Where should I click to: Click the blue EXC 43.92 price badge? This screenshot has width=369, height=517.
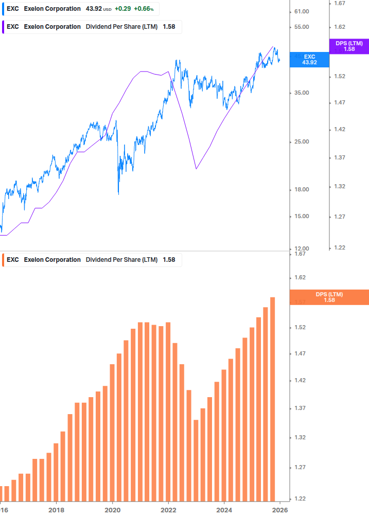(x=309, y=59)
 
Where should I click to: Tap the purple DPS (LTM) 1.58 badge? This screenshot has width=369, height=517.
(x=349, y=46)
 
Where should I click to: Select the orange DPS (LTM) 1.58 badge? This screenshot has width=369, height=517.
(x=329, y=297)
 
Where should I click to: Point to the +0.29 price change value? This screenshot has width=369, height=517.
(x=122, y=9)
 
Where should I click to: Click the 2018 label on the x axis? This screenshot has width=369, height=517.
(x=56, y=510)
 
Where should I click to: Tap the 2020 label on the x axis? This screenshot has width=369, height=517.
(x=112, y=510)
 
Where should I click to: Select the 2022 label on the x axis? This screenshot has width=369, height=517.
(x=168, y=510)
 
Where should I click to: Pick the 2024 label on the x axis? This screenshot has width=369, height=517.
(x=224, y=510)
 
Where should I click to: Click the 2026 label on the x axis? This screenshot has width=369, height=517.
(x=279, y=510)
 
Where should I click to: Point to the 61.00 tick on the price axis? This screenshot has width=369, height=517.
(x=302, y=11)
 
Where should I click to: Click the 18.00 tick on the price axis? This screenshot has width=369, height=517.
(x=302, y=189)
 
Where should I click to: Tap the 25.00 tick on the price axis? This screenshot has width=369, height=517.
(x=302, y=141)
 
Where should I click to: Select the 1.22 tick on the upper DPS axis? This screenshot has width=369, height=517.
(x=339, y=247)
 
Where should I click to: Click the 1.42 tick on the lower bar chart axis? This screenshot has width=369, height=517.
(x=300, y=381)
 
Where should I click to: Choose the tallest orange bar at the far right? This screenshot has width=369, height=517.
(x=273, y=399)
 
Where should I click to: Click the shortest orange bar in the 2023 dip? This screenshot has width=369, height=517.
(x=196, y=460)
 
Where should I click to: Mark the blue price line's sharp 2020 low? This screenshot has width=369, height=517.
(x=118, y=194)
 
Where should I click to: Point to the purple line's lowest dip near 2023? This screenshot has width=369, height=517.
(x=196, y=168)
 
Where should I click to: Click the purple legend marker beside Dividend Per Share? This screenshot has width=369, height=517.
(x=4, y=27)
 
